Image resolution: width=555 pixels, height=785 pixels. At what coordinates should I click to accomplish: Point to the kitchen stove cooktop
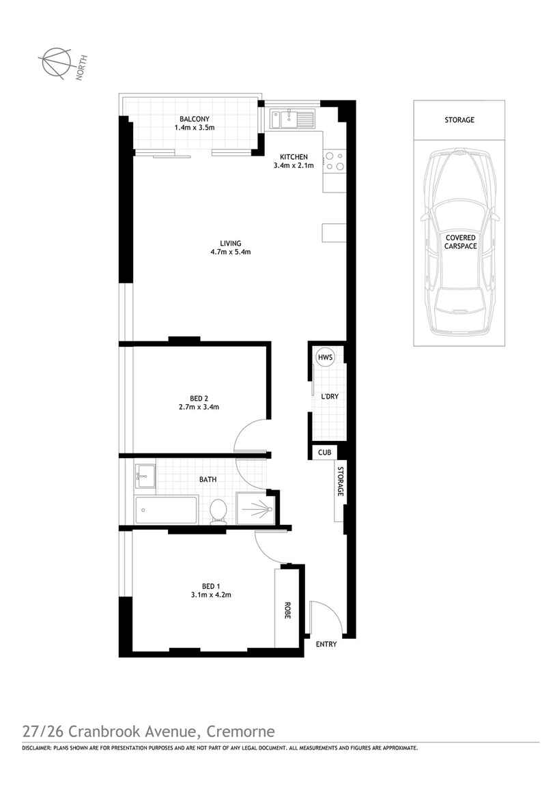334,160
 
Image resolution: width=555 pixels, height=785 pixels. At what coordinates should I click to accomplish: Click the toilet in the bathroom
218,511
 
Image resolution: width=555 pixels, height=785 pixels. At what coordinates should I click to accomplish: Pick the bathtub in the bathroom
167,510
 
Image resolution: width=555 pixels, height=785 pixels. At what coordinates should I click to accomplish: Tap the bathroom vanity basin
145,475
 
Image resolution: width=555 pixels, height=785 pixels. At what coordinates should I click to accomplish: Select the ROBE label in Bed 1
287,610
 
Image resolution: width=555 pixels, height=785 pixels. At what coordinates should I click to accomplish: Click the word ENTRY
326,644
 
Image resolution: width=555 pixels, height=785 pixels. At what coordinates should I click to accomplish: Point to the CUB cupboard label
324,452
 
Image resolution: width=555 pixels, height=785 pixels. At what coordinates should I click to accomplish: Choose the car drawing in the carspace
459,242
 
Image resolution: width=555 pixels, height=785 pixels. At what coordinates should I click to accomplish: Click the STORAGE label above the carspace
459,120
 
